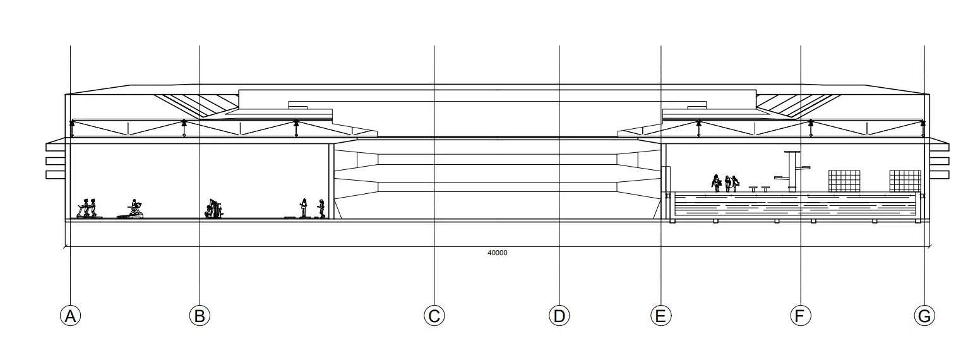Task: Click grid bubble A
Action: click(x=71, y=315)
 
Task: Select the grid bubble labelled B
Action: click(x=200, y=315)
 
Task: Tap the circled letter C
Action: click(x=434, y=315)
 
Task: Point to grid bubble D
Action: click(x=559, y=315)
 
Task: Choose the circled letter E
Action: click(x=660, y=315)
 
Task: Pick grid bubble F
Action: click(x=801, y=315)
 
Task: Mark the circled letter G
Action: click(x=924, y=315)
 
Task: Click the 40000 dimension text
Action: click(x=498, y=253)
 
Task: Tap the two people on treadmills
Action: click(x=89, y=208)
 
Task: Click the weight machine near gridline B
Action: click(x=214, y=208)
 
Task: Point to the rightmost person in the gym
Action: click(x=321, y=208)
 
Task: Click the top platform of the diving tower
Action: click(x=792, y=152)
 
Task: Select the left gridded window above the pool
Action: click(x=844, y=181)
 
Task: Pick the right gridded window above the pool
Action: click(x=905, y=181)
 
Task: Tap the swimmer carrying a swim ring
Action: click(x=728, y=184)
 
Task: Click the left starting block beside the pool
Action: click(x=753, y=189)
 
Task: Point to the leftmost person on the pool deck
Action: click(x=716, y=183)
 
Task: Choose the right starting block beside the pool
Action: click(x=765, y=189)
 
